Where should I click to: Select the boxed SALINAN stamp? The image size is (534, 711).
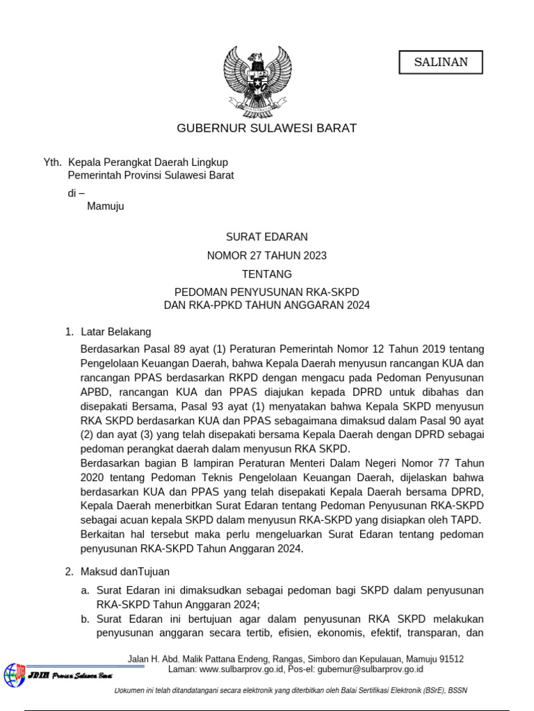coord(441,62)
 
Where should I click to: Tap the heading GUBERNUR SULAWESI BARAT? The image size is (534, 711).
coord(266,128)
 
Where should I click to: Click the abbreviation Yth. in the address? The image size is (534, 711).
coord(52,162)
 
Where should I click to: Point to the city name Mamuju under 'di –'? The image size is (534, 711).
coord(106,206)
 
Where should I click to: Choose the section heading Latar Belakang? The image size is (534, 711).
coord(115,332)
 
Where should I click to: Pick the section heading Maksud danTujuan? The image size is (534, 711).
coord(125,571)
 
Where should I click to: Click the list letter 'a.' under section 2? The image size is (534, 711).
coord(85,590)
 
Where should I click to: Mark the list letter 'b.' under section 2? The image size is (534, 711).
coord(85,619)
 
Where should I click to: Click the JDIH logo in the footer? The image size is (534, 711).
coord(15,674)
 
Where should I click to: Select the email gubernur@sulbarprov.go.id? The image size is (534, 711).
coord(364,670)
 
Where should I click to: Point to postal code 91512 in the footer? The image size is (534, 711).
coord(451,659)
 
